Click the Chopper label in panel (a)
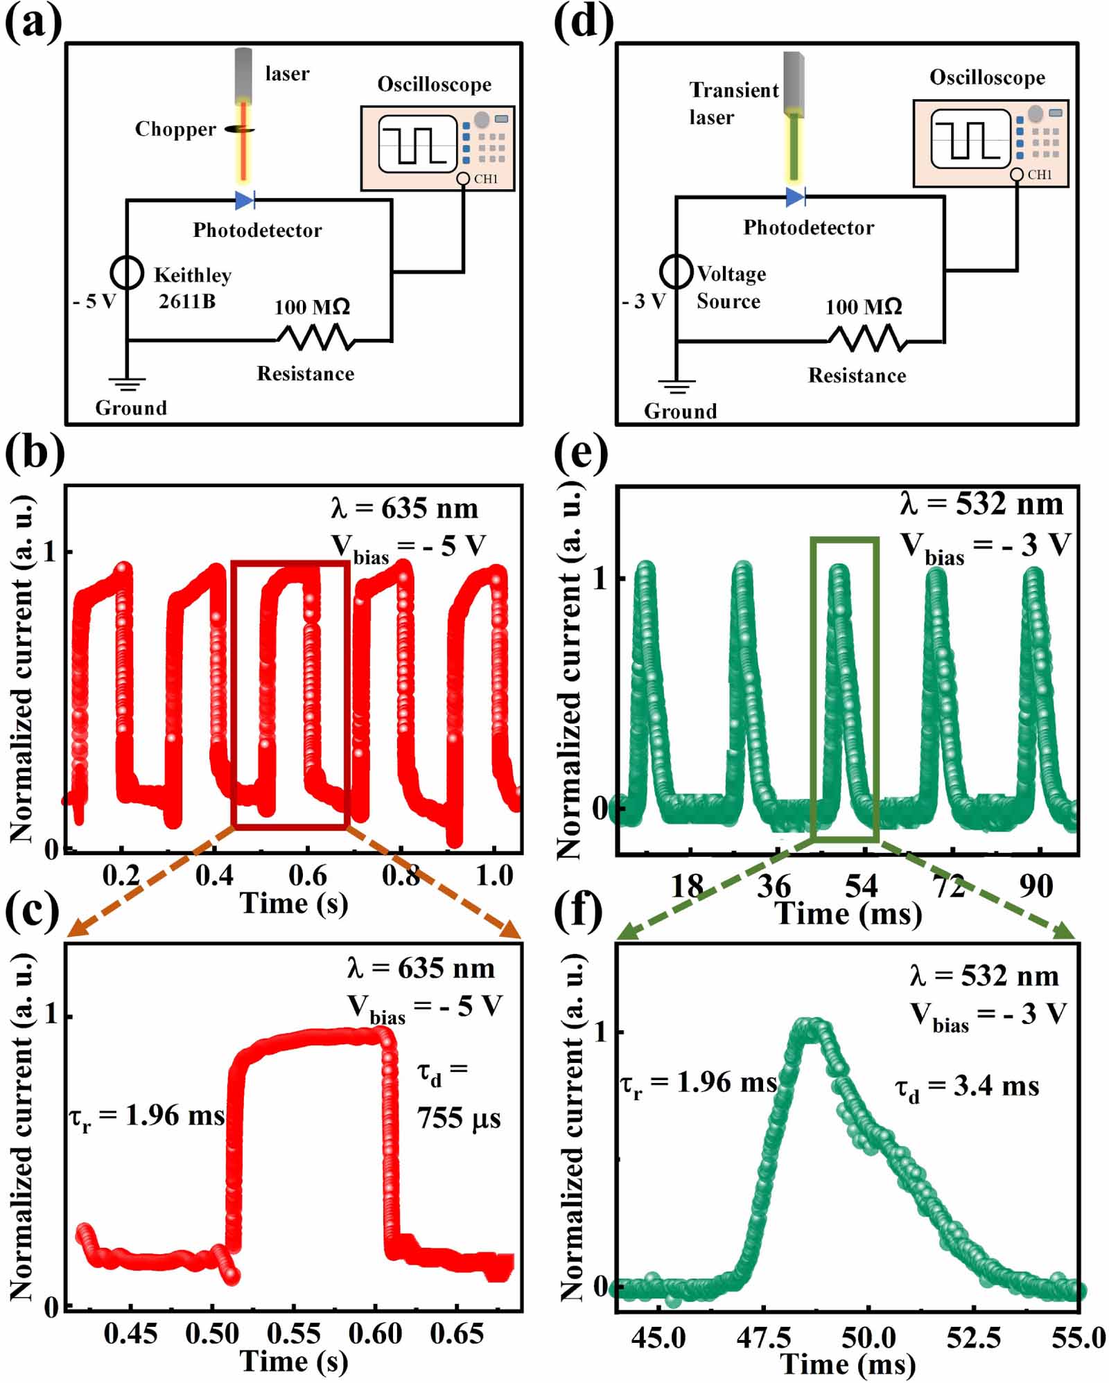pyautogui.click(x=175, y=130)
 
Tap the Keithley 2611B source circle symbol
pyautogui.click(x=128, y=272)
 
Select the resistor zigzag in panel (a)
pyautogui.click(x=315, y=338)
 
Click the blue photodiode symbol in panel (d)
pyautogui.click(x=795, y=197)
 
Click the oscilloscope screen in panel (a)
pyautogui.click(x=417, y=144)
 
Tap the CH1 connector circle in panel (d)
pyautogui.click(x=1016, y=175)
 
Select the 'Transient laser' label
pyautogui.click(x=733, y=103)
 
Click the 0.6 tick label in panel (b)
pyautogui.click(x=308, y=876)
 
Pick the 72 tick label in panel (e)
pyautogui.click(x=948, y=886)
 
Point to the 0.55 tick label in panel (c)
pyautogui.click(x=294, y=1333)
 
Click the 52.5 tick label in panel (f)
pyautogui.click(x=974, y=1337)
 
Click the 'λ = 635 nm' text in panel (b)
pyautogui.click(x=405, y=509)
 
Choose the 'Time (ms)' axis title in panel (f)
pyautogui.click(x=848, y=1364)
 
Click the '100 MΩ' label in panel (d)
pyautogui.click(x=864, y=306)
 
